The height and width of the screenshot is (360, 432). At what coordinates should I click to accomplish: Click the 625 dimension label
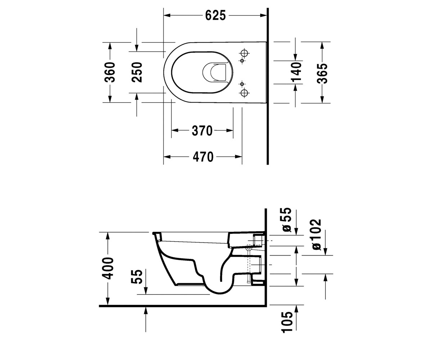215,15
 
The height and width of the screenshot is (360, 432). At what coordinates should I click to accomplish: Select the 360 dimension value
110,72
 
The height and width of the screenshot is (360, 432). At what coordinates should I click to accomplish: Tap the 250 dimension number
137,72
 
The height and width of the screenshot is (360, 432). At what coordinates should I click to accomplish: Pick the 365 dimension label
322,73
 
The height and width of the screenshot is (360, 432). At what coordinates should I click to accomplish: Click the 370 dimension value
202,131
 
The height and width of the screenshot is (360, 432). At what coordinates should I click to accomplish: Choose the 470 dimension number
203,157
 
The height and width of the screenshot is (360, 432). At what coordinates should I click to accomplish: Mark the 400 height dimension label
109,268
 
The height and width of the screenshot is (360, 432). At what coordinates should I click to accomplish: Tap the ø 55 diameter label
287,220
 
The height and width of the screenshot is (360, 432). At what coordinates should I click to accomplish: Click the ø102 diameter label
316,235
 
